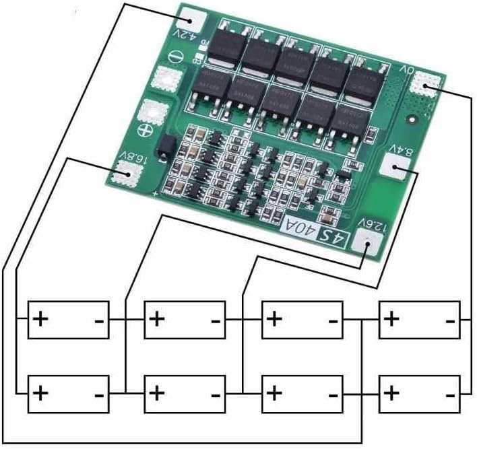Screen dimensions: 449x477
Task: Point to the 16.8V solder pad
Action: (x=123, y=174)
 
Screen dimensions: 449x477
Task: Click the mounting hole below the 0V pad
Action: (x=412, y=120)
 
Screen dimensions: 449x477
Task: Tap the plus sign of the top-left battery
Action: (x=42, y=318)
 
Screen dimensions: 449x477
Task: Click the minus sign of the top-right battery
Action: (x=449, y=321)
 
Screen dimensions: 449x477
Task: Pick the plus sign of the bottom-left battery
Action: (x=42, y=392)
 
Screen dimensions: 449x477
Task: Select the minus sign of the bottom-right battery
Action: (x=449, y=394)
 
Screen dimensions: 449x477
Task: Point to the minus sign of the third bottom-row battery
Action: (x=331, y=394)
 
